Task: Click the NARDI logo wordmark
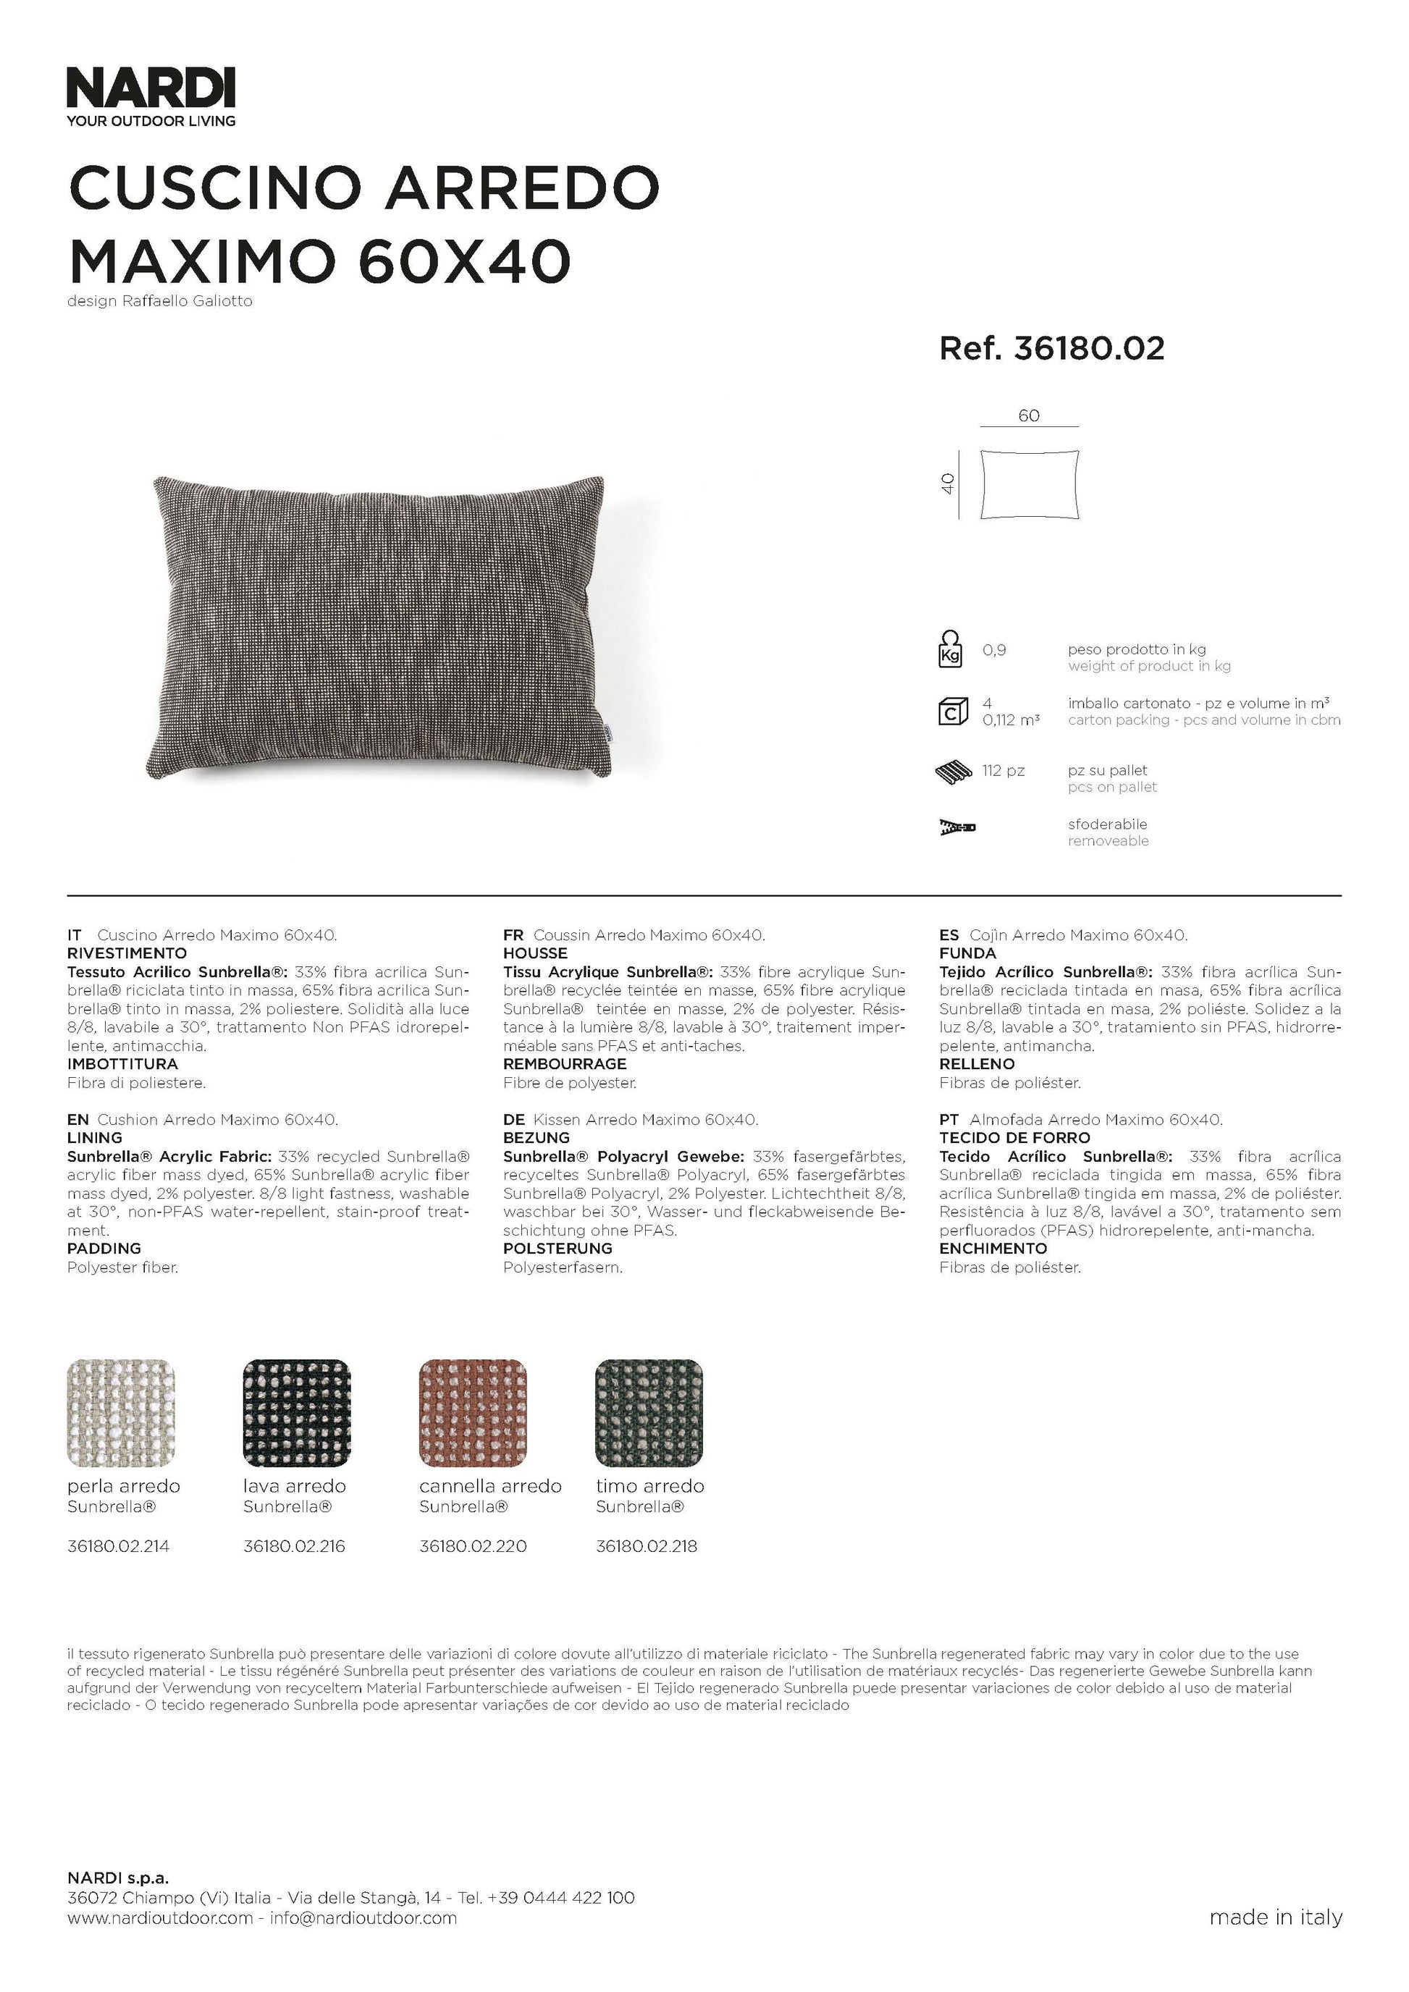[x=151, y=89]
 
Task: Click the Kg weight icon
[x=951, y=650]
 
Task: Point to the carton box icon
[x=953, y=712]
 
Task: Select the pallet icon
[x=954, y=772]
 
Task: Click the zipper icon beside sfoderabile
[x=957, y=827]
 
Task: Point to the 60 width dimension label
[x=1029, y=415]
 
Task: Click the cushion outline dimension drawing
[x=1030, y=484]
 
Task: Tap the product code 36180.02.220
[x=473, y=1546]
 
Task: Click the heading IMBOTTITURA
[x=122, y=1063]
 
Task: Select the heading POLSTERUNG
[x=558, y=1249]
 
